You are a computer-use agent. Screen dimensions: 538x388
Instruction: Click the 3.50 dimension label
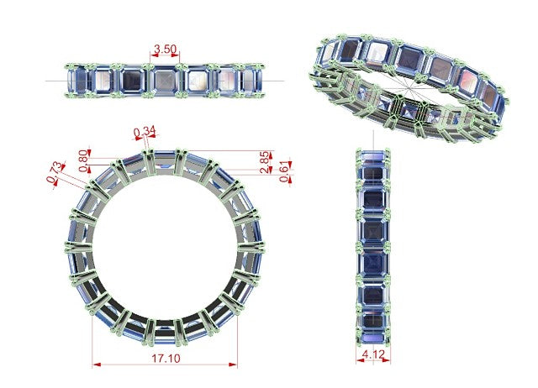pos(165,50)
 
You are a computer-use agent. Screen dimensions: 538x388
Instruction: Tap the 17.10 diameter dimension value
pos(166,359)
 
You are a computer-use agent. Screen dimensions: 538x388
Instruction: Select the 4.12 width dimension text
pos(373,354)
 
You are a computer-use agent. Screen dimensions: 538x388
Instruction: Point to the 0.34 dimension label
pos(145,131)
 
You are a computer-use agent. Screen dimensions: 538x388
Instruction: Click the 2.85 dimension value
pos(265,162)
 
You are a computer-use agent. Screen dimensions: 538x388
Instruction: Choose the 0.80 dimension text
pos(83,160)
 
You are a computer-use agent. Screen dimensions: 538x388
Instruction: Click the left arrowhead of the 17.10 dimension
pos(97,364)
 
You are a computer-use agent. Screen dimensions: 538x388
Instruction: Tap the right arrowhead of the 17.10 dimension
pos(234,364)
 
